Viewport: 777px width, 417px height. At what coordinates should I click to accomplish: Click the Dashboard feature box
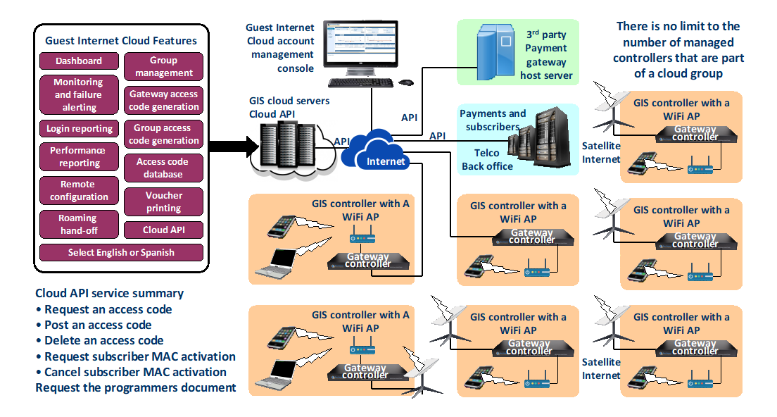79,61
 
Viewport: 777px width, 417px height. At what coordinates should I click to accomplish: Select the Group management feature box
164,66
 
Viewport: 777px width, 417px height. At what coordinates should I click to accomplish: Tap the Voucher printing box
164,201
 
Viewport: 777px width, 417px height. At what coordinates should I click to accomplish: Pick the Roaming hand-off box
78,225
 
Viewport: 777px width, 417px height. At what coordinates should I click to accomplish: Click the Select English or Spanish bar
121,252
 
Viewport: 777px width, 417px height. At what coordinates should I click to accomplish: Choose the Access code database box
164,168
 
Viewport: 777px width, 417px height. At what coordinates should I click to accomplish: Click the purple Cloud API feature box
164,230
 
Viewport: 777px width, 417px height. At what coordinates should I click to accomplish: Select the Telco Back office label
486,159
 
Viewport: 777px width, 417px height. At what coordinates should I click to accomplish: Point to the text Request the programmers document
136,387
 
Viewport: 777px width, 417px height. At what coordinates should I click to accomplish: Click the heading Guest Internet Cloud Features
121,40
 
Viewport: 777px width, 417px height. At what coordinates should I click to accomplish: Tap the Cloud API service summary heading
109,293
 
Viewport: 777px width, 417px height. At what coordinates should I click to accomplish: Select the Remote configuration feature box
79,190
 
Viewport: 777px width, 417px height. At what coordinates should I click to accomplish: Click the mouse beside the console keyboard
405,82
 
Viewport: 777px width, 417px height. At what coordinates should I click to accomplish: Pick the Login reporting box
79,129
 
